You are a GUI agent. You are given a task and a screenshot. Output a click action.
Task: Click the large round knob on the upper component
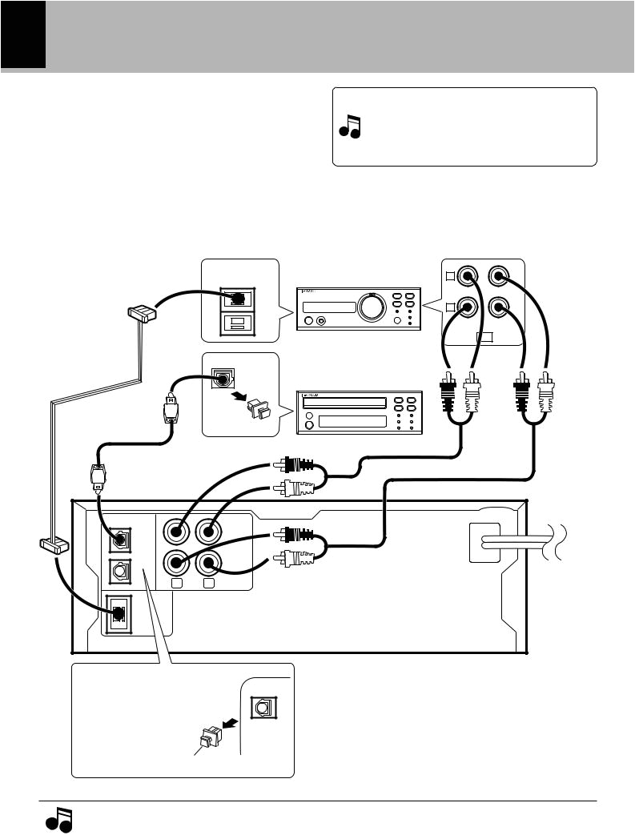tap(370, 307)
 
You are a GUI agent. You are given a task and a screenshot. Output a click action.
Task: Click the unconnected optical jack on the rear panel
tap(119, 572)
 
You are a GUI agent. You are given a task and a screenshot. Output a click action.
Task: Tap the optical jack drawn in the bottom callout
tap(263, 705)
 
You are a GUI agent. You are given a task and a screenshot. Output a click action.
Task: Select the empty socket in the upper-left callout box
tap(236, 323)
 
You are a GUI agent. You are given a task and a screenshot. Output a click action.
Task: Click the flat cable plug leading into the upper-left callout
tap(141, 313)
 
